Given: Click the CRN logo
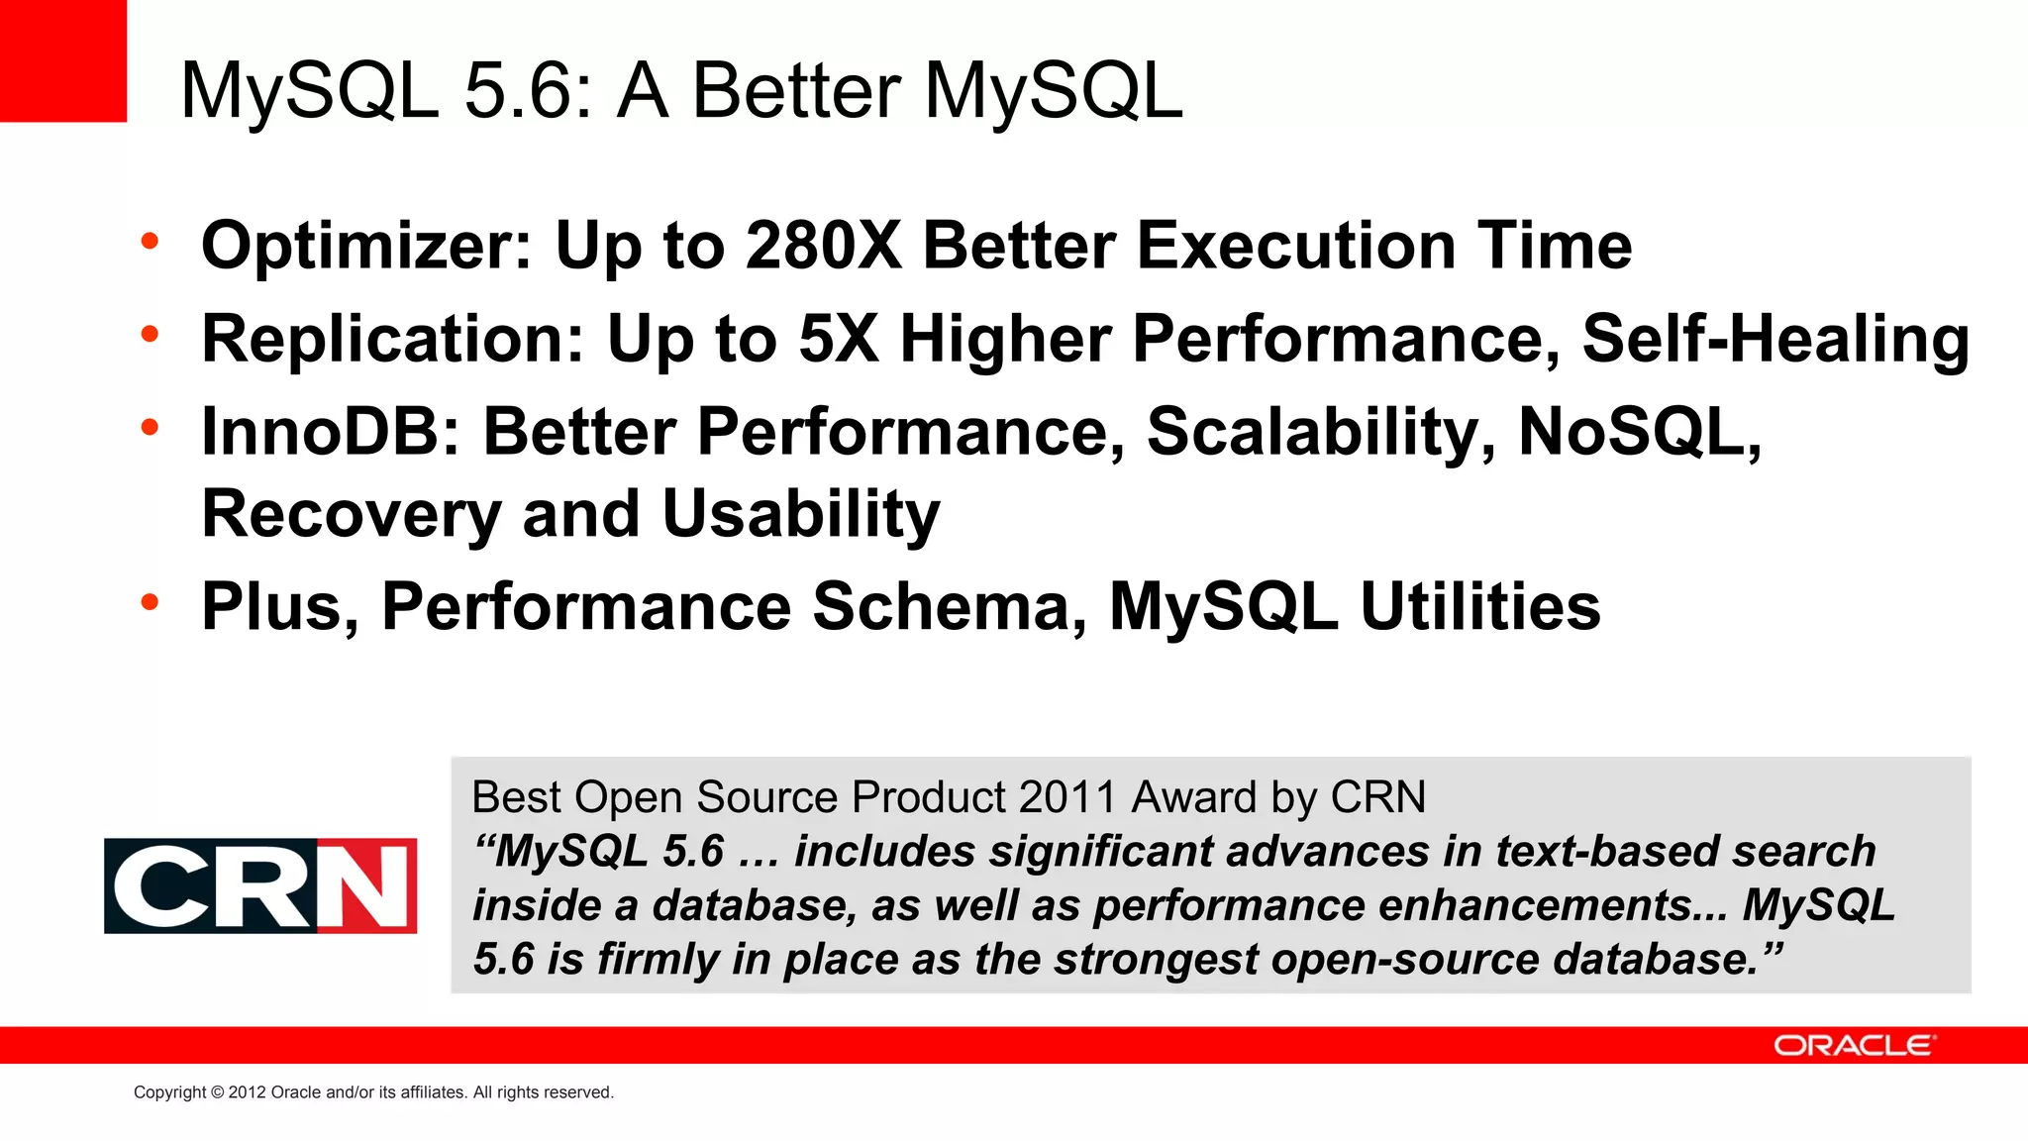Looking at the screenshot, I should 260,885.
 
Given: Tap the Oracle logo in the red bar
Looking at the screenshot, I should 1853,1046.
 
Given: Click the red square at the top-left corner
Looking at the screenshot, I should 62,60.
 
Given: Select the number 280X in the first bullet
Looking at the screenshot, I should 824,246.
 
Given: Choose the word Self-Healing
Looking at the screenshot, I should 1775,339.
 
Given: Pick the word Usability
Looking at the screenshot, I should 800,514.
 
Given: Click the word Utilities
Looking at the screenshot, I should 1480,606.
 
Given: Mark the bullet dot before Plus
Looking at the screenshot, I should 150,601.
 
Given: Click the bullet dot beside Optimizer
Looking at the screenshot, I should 150,241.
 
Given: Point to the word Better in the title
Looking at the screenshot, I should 796,91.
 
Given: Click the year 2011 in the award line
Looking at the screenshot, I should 1067,797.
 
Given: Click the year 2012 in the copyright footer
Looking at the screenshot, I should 248,1092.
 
